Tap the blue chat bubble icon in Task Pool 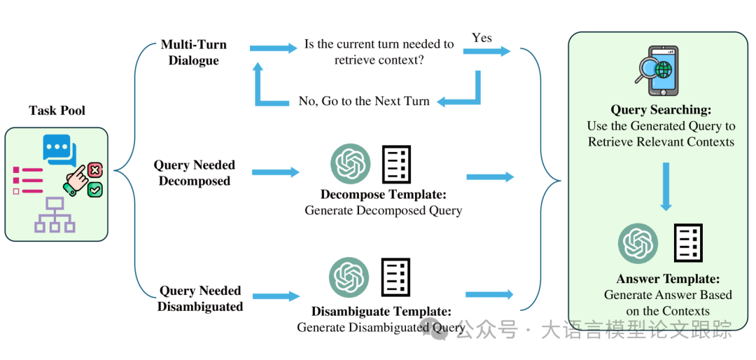pos(59,148)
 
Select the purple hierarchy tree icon pos(55,215)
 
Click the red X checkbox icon pos(96,169)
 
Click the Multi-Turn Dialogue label pos(194,53)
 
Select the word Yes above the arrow pos(482,38)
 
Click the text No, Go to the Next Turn pos(364,101)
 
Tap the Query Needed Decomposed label pos(195,173)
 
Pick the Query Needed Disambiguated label pos(200,298)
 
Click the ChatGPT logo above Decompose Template pos(350,164)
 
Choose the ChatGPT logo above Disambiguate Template pos(349,277)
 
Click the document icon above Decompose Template pos(395,164)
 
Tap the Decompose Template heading pos(383,195)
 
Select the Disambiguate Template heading pos(381,312)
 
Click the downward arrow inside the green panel pos(666,186)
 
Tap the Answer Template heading pos(668,279)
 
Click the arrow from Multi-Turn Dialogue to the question pos(273,48)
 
